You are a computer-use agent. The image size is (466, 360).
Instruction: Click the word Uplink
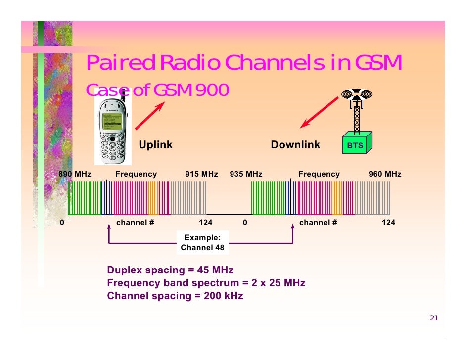pyautogui.click(x=155, y=145)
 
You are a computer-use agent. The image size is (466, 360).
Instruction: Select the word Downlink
pyautogui.click(x=295, y=145)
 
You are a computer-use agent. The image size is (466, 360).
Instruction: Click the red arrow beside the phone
pyautogui.click(x=149, y=115)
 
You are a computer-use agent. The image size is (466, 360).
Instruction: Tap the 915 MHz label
pyautogui.click(x=201, y=174)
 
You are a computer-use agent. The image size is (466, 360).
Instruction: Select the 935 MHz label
pyautogui.click(x=246, y=174)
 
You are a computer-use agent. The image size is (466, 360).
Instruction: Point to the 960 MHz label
pyautogui.click(x=385, y=174)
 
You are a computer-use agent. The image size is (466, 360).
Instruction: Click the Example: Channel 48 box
pyautogui.click(x=202, y=242)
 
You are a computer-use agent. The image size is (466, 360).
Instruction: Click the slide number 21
pyautogui.click(x=434, y=318)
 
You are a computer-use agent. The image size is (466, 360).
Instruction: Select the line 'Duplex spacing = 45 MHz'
pyautogui.click(x=170, y=270)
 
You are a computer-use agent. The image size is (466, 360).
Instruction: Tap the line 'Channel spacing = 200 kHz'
pyautogui.click(x=175, y=296)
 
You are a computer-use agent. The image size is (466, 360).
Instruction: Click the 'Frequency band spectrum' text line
pyautogui.click(x=206, y=283)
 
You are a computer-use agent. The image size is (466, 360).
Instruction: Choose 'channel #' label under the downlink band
pyautogui.click(x=318, y=223)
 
